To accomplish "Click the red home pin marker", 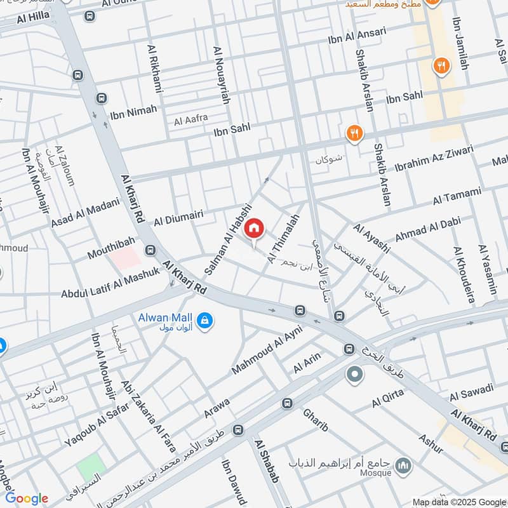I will coord(254,228).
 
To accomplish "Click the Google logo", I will coord(27,498).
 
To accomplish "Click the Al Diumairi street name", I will coord(178,219).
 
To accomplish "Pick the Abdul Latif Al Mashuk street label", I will coord(110,283).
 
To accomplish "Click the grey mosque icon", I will coord(403,467).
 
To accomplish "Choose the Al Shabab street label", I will coord(266,460).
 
